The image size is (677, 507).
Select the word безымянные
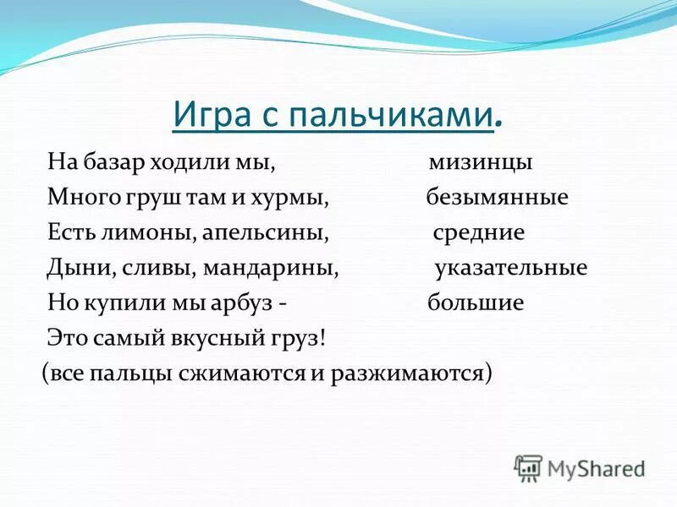click(496, 198)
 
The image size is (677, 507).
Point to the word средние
click(479, 232)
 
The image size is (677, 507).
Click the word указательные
click(510, 268)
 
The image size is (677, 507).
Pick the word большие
click(476, 303)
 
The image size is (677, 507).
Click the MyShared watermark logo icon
click(528, 467)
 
